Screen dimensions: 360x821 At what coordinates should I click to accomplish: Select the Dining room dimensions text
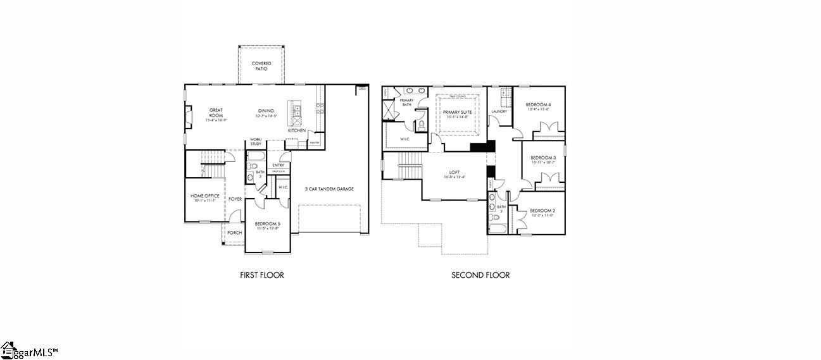pyautogui.click(x=266, y=116)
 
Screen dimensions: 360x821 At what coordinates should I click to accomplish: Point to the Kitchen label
pyautogui.click(x=297, y=130)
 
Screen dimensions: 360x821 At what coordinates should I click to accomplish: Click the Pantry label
pyautogui.click(x=314, y=143)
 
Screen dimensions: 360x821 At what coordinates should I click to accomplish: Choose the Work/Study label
pyautogui.click(x=256, y=142)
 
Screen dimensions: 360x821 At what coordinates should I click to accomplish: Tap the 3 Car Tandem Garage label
pyautogui.click(x=329, y=189)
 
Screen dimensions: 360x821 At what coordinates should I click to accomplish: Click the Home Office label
pyautogui.click(x=205, y=196)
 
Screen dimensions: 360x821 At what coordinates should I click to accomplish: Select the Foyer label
pyautogui.click(x=235, y=199)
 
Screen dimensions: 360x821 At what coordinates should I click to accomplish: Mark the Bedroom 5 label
pyautogui.click(x=268, y=223)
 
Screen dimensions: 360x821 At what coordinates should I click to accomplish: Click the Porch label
pyautogui.click(x=234, y=232)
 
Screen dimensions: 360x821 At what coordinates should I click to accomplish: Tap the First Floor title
pyautogui.click(x=262, y=275)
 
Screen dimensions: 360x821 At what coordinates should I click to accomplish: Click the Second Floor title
pyautogui.click(x=480, y=275)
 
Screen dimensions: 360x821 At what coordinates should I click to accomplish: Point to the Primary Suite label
pyautogui.click(x=457, y=112)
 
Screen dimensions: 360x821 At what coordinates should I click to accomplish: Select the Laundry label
pyautogui.click(x=499, y=111)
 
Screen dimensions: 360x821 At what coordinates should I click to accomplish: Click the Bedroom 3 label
pyautogui.click(x=543, y=158)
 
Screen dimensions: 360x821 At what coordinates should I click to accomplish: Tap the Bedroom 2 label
pyautogui.click(x=542, y=211)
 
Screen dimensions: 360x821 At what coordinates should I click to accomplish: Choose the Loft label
pyautogui.click(x=454, y=171)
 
